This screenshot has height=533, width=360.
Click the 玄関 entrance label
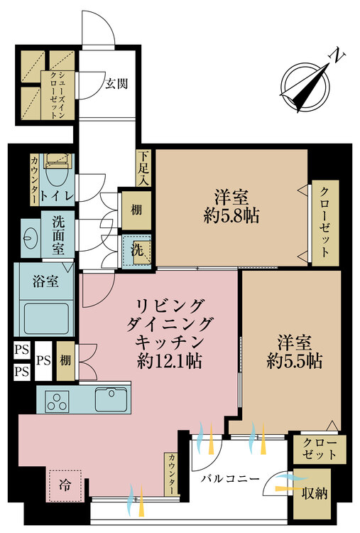click(x=116, y=83)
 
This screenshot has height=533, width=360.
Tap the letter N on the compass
click(x=337, y=56)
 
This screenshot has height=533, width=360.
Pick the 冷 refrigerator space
click(x=65, y=485)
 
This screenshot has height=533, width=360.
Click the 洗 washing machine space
click(x=137, y=250)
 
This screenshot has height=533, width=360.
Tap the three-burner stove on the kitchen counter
click(x=58, y=401)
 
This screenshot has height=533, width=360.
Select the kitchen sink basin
click(x=111, y=399)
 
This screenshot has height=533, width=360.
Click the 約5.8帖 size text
click(x=231, y=215)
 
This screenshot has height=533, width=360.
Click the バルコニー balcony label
click(x=230, y=479)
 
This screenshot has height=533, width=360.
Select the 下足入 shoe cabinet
click(x=143, y=168)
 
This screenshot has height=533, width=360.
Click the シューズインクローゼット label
click(x=58, y=95)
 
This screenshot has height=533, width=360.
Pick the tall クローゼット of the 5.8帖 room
click(x=325, y=223)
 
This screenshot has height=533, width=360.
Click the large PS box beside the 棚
click(x=43, y=360)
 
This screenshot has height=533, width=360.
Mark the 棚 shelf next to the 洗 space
click(x=136, y=211)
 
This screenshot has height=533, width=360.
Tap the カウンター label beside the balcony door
click(x=172, y=474)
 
